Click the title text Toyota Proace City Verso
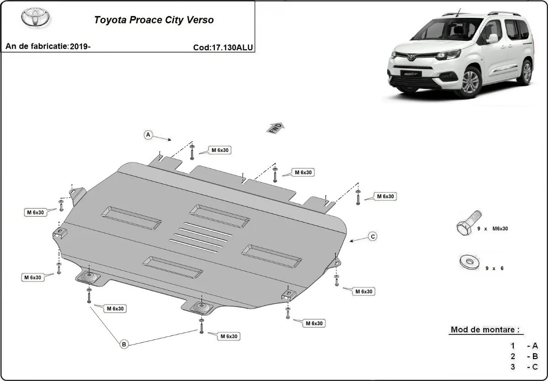(153, 20)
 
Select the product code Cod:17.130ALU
(223, 47)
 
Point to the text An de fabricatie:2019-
(48, 47)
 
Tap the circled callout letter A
(148, 135)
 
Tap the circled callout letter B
(124, 344)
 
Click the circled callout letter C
(373, 236)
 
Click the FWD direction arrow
(276, 128)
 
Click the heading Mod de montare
(485, 329)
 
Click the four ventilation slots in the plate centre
(200, 238)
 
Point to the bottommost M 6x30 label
(228, 336)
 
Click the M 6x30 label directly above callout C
(385, 196)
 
